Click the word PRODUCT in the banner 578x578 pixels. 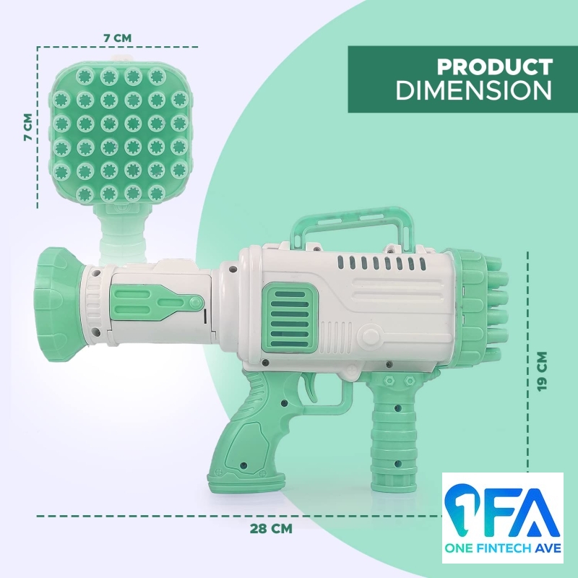(x=495, y=66)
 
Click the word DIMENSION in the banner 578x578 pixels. (x=474, y=90)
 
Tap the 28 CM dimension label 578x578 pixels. (x=271, y=528)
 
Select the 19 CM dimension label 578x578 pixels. (x=543, y=371)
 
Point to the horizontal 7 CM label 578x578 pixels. (x=117, y=38)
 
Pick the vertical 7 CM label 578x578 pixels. (x=27, y=126)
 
